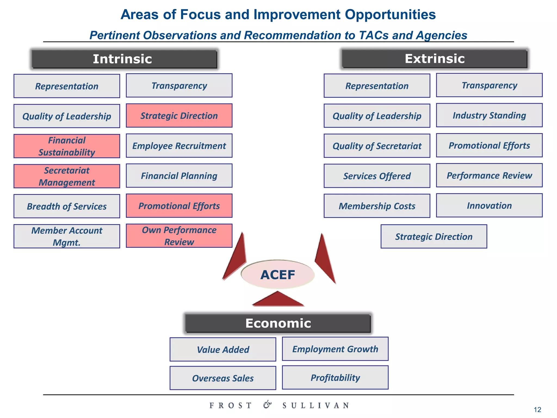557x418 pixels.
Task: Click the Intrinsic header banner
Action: [x=124, y=59]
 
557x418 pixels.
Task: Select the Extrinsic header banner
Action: [x=434, y=59]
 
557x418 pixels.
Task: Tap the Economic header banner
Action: [x=278, y=323]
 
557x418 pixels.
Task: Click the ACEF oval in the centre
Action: [x=278, y=274]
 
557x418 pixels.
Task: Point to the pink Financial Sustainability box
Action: [x=67, y=146]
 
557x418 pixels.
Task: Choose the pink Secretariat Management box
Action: [x=67, y=176]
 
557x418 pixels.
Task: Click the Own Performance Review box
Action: [x=179, y=236]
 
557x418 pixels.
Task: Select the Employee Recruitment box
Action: [x=179, y=146]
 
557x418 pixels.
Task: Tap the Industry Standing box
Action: [x=489, y=115]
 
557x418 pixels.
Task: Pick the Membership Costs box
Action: [x=377, y=206]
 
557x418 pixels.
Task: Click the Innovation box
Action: [x=489, y=205]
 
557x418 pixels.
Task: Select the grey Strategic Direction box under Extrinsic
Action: [x=434, y=236]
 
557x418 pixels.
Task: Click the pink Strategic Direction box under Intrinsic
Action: [x=179, y=115]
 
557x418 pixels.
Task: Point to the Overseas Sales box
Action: [x=223, y=378]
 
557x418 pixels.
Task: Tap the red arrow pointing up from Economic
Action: [x=278, y=299]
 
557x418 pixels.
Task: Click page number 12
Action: [x=537, y=409]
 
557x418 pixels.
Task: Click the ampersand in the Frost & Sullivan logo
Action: [x=267, y=405]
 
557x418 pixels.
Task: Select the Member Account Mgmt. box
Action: [x=67, y=236]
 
